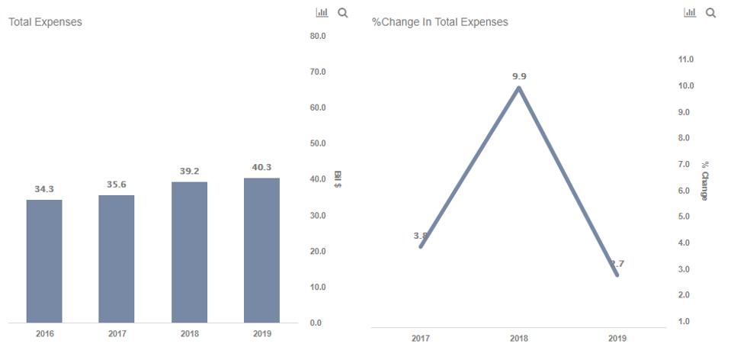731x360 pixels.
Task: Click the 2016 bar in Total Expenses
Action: pyautogui.click(x=44, y=261)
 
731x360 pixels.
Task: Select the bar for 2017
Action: pyautogui.click(x=117, y=259)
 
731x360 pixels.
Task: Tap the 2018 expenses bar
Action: pyautogui.click(x=189, y=252)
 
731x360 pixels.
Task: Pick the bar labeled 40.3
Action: pyautogui.click(x=261, y=250)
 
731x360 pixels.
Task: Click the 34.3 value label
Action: pyautogui.click(x=44, y=188)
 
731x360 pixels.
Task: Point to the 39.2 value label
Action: pyautogui.click(x=189, y=171)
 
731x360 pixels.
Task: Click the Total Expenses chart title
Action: pyautogui.click(x=45, y=22)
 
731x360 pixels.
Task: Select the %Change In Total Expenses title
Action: pyautogui.click(x=440, y=22)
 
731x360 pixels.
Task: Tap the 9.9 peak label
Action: pyautogui.click(x=519, y=76)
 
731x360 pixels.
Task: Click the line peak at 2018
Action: pyautogui.click(x=519, y=88)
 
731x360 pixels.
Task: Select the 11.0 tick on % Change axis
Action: pyautogui.click(x=685, y=59)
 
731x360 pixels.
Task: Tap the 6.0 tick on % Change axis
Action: pyautogui.click(x=685, y=191)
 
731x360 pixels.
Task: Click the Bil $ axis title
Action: pyautogui.click(x=337, y=180)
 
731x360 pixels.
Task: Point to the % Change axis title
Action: pyautogui.click(x=704, y=180)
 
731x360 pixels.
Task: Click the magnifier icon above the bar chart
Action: pyautogui.click(x=343, y=13)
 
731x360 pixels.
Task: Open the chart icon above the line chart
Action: pyautogui.click(x=691, y=13)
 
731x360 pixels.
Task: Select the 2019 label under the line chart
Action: pyautogui.click(x=617, y=339)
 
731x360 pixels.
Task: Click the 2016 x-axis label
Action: pyautogui.click(x=44, y=334)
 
